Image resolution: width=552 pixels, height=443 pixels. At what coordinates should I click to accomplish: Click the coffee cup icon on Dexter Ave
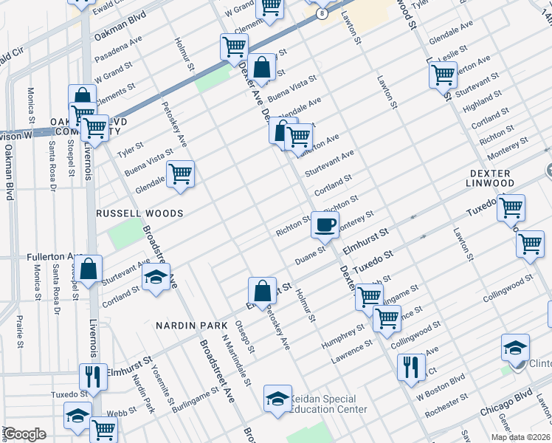click(x=325, y=224)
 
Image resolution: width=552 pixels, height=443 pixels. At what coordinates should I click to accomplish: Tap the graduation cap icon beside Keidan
click(x=277, y=399)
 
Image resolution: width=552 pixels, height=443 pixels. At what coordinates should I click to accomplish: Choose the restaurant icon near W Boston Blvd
click(x=410, y=366)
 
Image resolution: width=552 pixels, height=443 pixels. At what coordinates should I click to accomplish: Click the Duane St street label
click(x=311, y=259)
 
